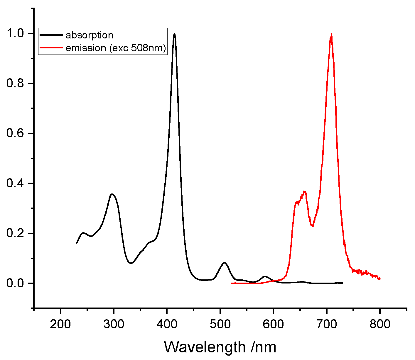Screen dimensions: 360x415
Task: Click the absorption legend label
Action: point(89,35)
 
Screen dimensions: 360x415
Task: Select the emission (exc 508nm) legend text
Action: point(116,48)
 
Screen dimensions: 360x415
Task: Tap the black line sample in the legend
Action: point(51,35)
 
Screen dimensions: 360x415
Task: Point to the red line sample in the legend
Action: point(51,48)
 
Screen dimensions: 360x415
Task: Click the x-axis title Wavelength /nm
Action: point(220,347)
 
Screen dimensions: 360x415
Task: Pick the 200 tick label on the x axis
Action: point(60,324)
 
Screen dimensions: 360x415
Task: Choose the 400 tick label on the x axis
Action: point(167,324)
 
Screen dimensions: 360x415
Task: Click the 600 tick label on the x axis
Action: point(273,324)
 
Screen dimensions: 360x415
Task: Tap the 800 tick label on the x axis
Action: point(380,324)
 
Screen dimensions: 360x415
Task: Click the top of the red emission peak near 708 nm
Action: point(331,34)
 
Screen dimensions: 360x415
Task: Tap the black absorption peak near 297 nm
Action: point(112,194)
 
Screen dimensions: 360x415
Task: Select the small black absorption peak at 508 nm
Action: point(225,263)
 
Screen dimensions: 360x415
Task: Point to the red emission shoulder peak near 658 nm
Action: point(305,191)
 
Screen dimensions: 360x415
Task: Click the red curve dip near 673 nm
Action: point(313,226)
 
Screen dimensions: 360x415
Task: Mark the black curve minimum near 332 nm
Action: point(131,263)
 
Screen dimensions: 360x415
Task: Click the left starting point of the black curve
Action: point(77,243)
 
